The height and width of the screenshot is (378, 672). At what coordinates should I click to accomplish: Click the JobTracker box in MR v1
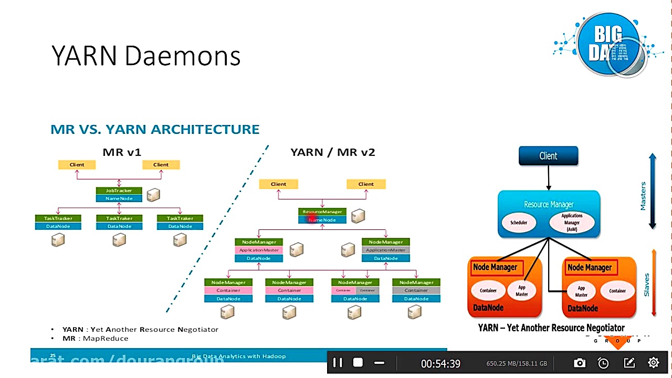119,191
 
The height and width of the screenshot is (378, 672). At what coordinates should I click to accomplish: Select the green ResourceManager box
322,212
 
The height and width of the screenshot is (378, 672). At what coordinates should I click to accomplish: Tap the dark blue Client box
548,156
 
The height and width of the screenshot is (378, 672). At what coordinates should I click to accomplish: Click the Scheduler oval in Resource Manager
519,223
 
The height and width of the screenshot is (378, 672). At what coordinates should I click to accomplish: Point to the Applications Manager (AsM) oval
572,223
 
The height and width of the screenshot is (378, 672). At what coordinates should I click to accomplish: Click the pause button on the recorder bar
338,363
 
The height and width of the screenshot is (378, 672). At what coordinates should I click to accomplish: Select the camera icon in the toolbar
580,363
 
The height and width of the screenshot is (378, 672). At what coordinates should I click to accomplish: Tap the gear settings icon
654,362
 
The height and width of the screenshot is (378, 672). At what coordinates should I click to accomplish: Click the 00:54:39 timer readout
440,363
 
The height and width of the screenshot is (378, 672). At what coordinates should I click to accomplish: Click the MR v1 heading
122,152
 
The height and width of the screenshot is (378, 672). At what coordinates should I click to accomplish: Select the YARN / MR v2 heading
333,152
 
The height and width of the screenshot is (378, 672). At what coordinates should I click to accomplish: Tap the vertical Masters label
643,196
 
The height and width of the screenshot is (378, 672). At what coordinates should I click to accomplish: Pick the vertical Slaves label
646,284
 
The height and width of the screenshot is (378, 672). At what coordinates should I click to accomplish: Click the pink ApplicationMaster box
259,250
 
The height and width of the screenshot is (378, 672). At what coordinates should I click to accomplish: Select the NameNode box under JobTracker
119,198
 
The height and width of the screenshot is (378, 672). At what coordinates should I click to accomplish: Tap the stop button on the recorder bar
358,363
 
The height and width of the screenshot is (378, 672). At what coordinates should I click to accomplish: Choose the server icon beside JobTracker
153,195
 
